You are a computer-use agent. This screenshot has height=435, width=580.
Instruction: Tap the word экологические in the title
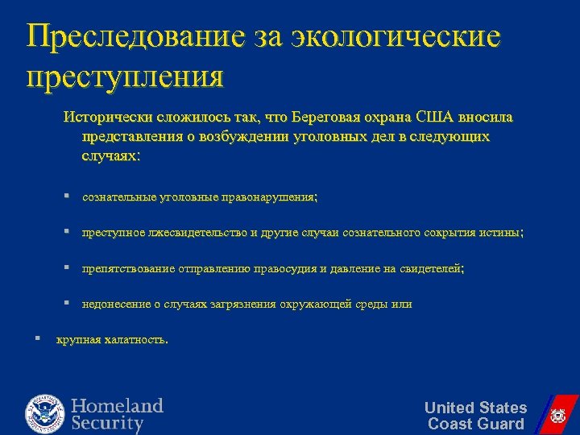coord(396,36)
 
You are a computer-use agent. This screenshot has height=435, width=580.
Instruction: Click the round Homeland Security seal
coord(44,412)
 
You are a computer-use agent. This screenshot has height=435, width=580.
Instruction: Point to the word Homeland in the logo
coord(117,405)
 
